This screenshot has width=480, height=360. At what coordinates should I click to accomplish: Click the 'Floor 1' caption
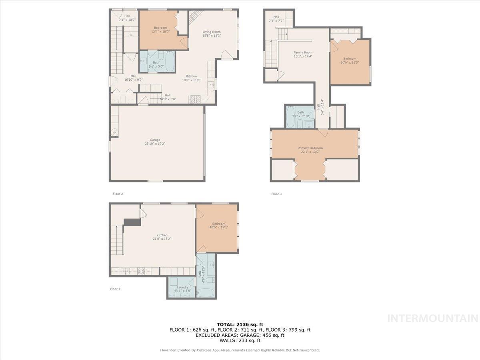point(115,289)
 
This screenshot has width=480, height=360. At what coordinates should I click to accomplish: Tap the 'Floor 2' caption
point(118,194)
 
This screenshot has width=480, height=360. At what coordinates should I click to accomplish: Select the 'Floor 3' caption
point(276,194)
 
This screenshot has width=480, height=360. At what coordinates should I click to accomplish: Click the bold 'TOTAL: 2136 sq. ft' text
point(240,324)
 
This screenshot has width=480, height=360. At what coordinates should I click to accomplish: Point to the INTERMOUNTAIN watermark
point(433,318)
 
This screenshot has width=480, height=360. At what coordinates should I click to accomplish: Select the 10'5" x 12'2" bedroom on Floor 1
point(218,226)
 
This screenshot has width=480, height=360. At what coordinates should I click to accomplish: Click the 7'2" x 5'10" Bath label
point(300,114)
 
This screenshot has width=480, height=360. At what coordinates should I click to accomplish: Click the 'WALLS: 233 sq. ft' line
point(240,341)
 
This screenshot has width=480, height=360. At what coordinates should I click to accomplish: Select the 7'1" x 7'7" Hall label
point(276,18)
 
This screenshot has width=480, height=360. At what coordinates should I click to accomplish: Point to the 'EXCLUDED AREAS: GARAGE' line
point(240,335)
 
